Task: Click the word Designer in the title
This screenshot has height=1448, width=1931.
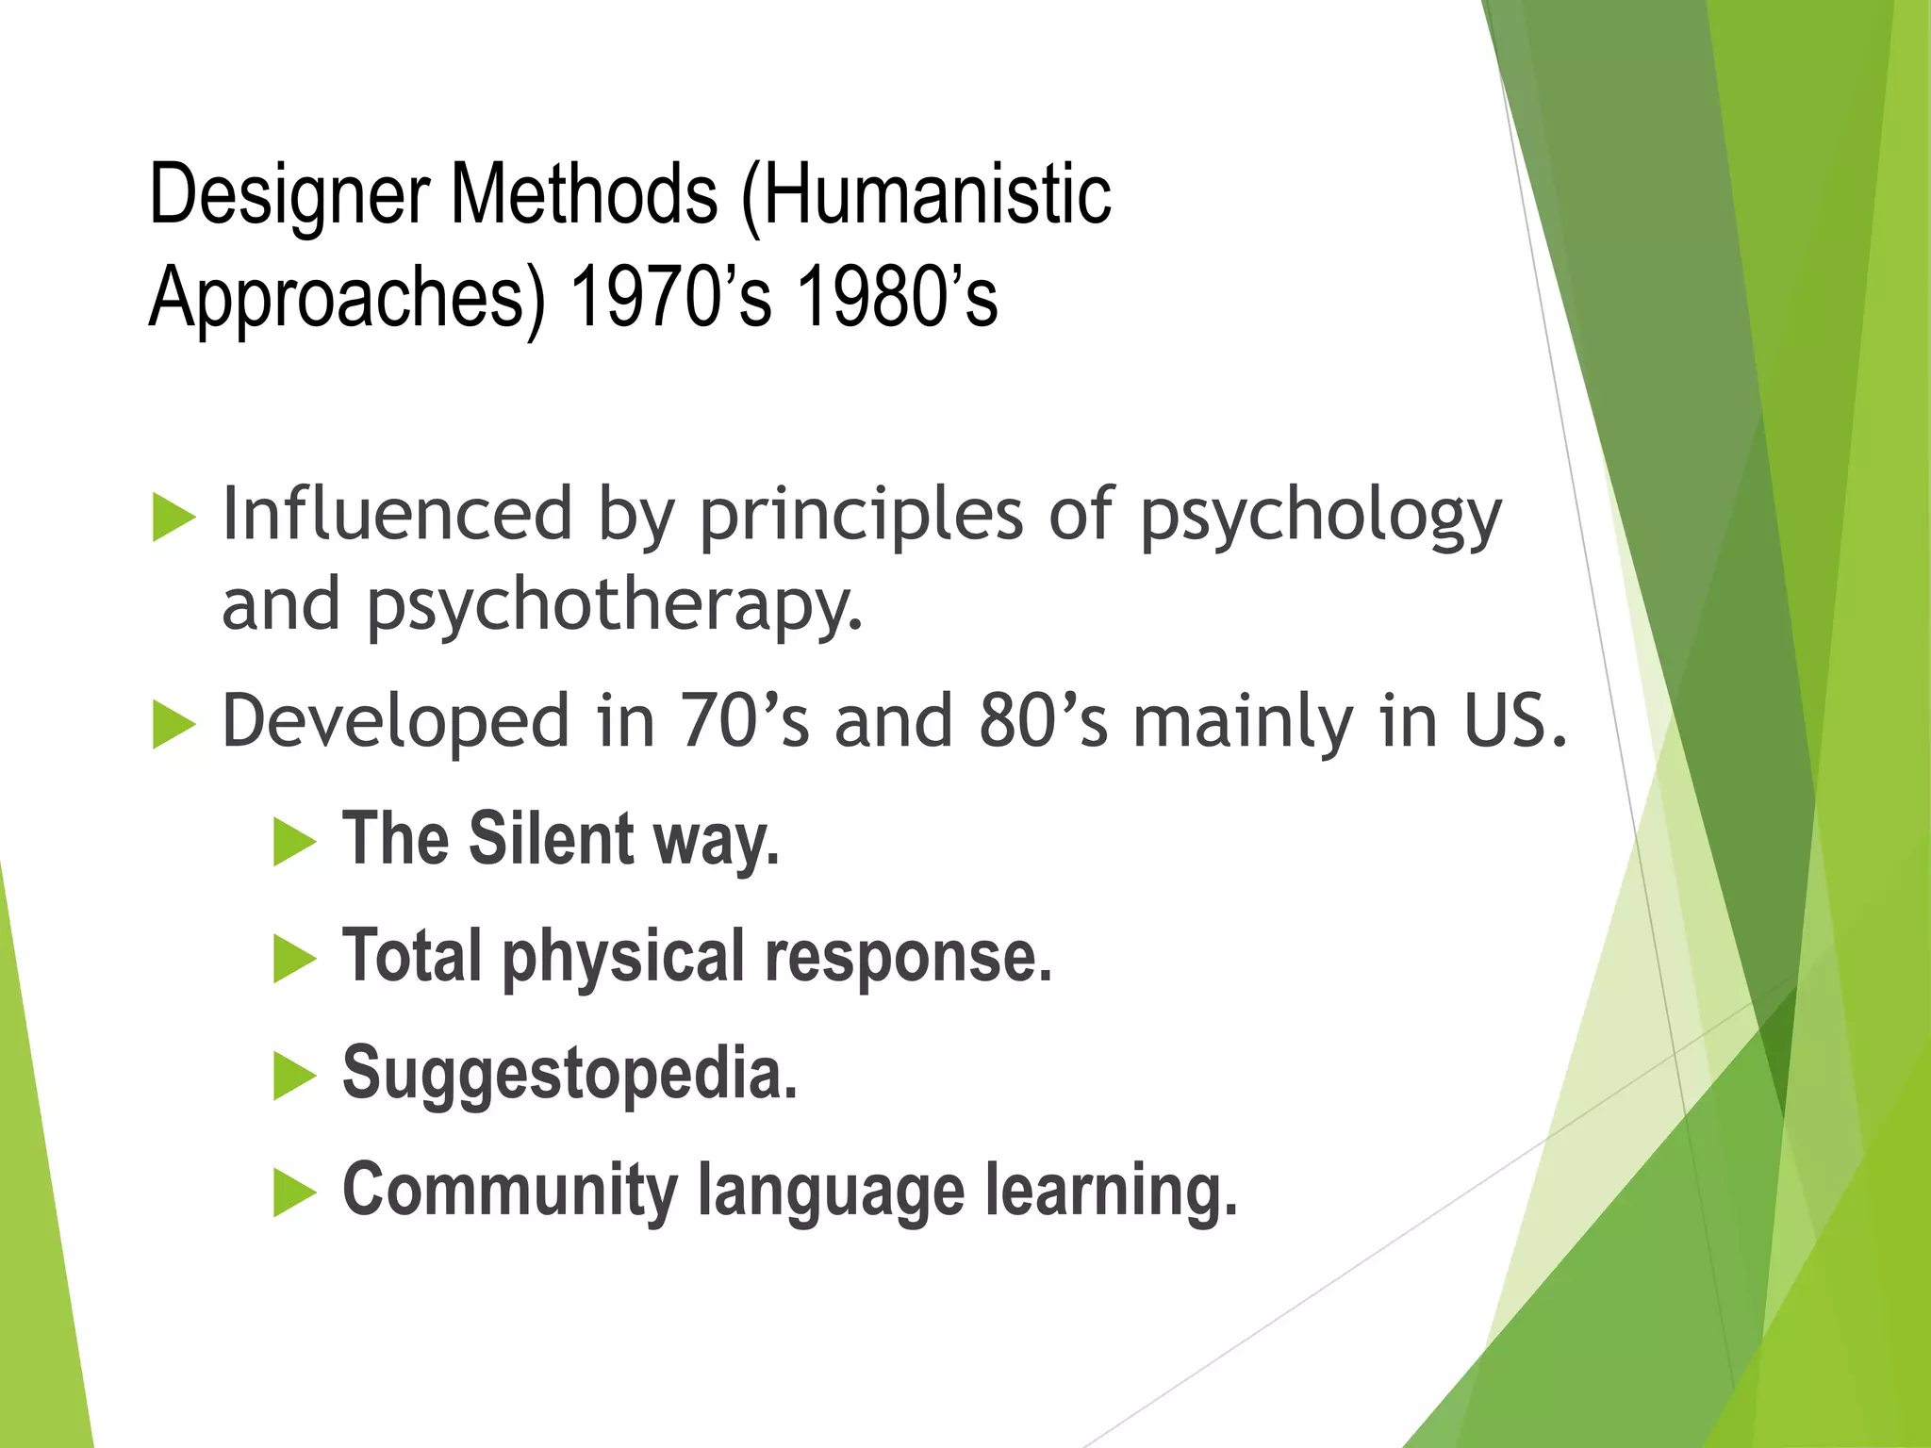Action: pos(289,196)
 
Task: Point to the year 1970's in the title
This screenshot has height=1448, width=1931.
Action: pos(670,297)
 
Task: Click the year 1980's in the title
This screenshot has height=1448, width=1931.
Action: pos(897,297)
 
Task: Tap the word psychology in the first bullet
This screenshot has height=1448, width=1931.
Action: pos(1320,518)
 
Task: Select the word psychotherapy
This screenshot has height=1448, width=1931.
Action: pos(613,607)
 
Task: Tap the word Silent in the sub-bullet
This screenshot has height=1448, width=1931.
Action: pos(552,838)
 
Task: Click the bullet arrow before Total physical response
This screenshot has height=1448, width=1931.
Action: pos(294,959)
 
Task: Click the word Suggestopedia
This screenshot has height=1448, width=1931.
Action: pos(569,1075)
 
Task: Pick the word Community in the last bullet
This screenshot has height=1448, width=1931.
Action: pos(509,1191)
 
